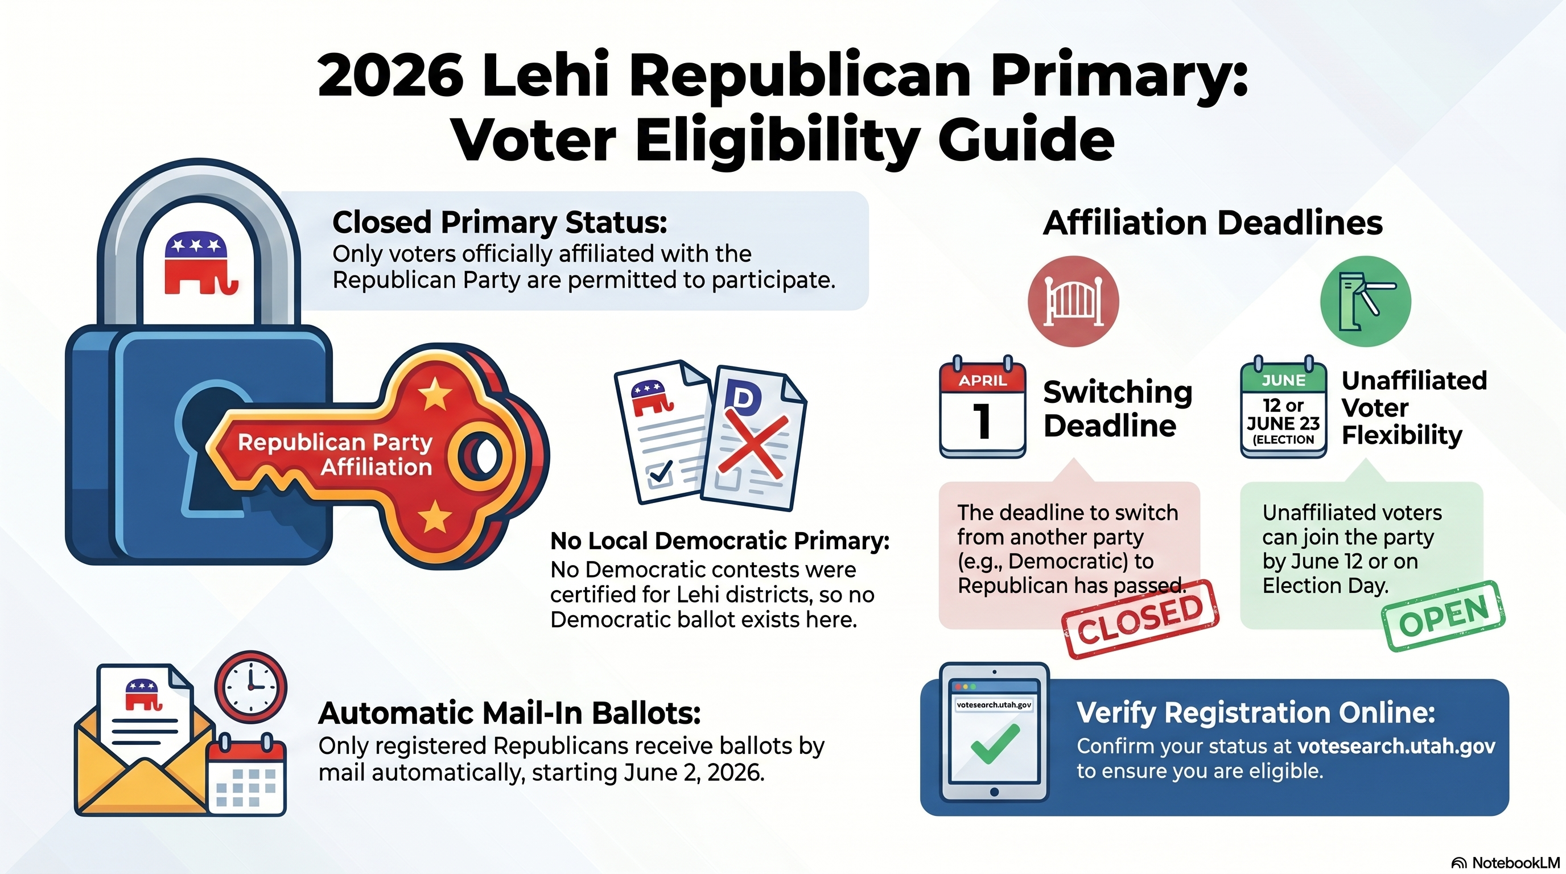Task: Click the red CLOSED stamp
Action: coord(1140,619)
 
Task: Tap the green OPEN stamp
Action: coord(1444,616)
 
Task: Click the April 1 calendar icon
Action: coord(982,407)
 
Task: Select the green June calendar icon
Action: coord(1283,407)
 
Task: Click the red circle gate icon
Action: coord(1073,302)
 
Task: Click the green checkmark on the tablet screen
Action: coord(995,743)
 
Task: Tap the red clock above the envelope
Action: coord(251,687)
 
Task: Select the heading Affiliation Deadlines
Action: coord(1213,222)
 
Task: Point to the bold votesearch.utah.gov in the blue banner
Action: coord(1396,746)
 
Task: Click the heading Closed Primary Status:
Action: coord(500,222)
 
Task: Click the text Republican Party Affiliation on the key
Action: coord(335,454)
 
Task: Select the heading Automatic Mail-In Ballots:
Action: coord(509,713)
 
